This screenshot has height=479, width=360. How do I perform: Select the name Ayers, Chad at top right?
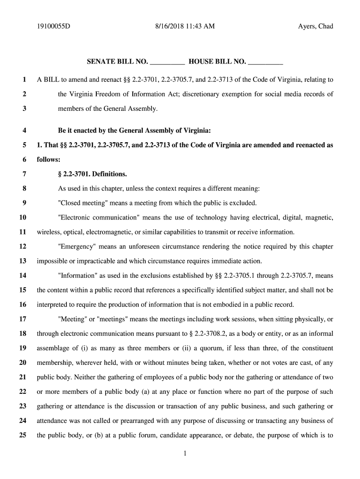(x=316, y=26)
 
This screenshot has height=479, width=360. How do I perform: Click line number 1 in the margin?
(x=23, y=80)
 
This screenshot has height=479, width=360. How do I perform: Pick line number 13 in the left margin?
(x=22, y=261)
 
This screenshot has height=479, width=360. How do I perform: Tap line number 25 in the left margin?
(x=22, y=435)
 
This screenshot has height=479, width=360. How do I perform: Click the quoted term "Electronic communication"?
(x=99, y=218)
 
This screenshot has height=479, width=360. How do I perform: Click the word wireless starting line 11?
(x=48, y=232)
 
